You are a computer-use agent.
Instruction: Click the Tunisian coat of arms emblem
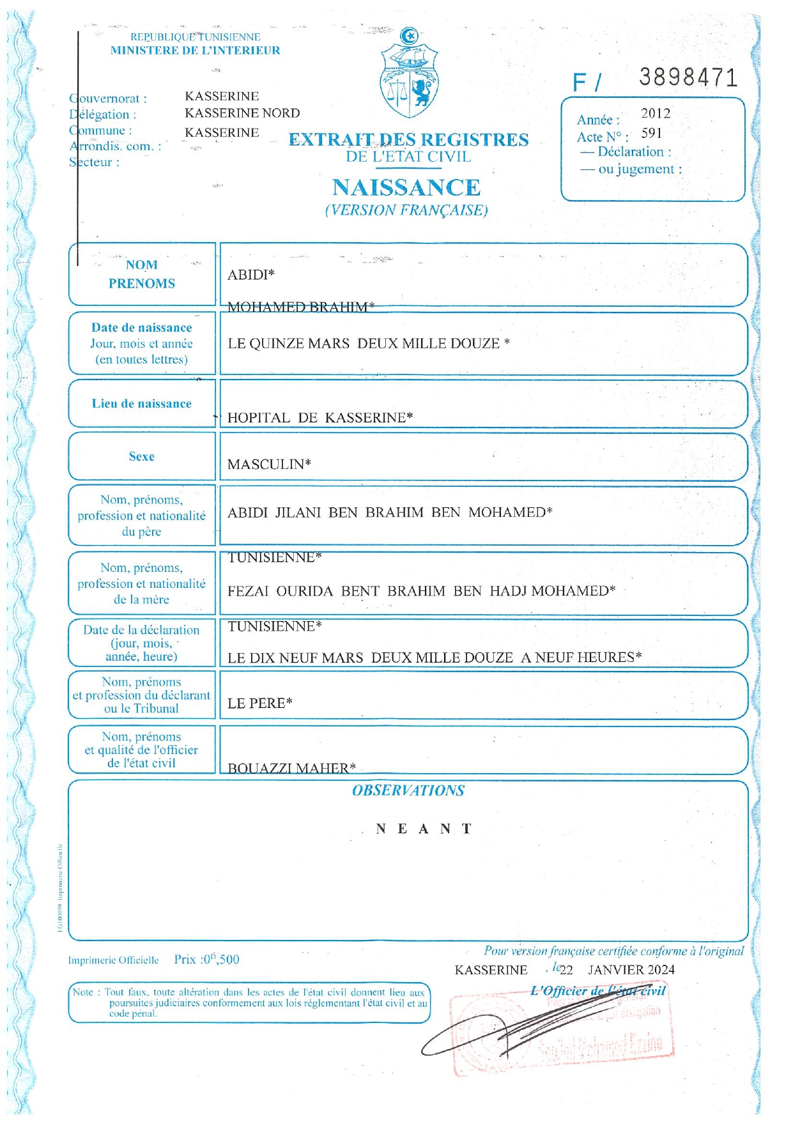[409, 73]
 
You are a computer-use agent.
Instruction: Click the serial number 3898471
[688, 78]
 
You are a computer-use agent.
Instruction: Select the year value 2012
[656, 114]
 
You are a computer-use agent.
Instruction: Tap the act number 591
[651, 134]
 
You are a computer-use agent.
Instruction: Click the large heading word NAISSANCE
[406, 187]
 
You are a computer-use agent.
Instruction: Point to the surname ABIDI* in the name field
[250, 275]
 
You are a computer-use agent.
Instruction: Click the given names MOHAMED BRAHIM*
[300, 307]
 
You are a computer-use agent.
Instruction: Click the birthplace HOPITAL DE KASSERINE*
[320, 418]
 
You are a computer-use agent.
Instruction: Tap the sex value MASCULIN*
[269, 465]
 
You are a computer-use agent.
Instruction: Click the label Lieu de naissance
[141, 404]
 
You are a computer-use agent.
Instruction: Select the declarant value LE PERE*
[259, 703]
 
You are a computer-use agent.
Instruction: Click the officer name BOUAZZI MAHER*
[291, 768]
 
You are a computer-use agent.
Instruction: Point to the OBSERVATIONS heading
[408, 790]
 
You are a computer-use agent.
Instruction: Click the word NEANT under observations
[424, 829]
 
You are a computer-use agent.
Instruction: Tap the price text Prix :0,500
[206, 960]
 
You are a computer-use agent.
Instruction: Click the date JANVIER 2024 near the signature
[631, 970]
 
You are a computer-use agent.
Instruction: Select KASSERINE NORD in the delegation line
[242, 113]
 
